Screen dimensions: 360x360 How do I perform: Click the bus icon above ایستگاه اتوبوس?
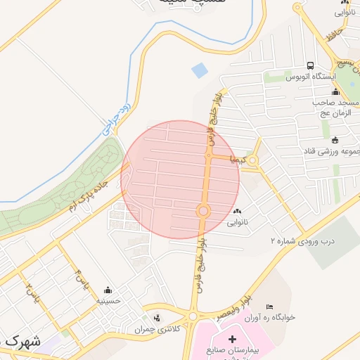click(x=310, y=66)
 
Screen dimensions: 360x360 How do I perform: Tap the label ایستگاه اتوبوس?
click(x=310, y=76)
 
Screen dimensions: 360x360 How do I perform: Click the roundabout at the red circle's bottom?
click(x=204, y=210)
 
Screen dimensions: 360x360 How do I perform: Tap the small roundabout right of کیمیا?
click(x=253, y=161)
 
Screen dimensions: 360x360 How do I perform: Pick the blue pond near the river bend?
click(x=200, y=70)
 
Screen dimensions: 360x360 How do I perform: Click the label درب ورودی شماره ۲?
click(x=302, y=242)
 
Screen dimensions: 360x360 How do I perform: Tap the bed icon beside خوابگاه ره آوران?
click(x=269, y=307)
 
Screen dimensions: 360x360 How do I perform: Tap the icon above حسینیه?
click(x=108, y=290)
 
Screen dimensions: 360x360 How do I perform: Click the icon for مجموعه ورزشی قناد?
click(x=334, y=139)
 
